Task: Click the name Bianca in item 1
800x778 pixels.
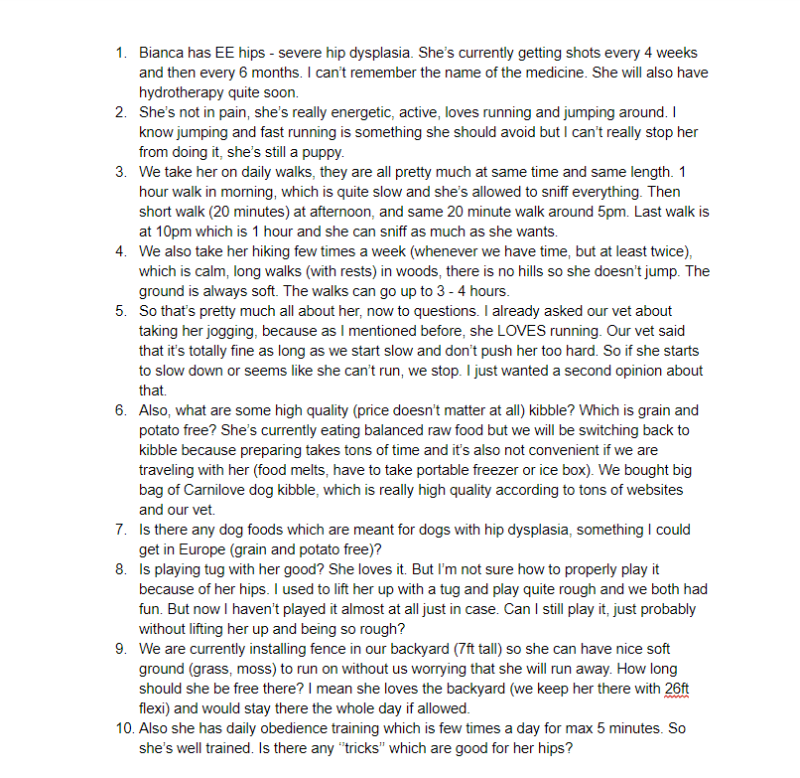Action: click(162, 53)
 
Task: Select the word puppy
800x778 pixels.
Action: click(321, 152)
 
